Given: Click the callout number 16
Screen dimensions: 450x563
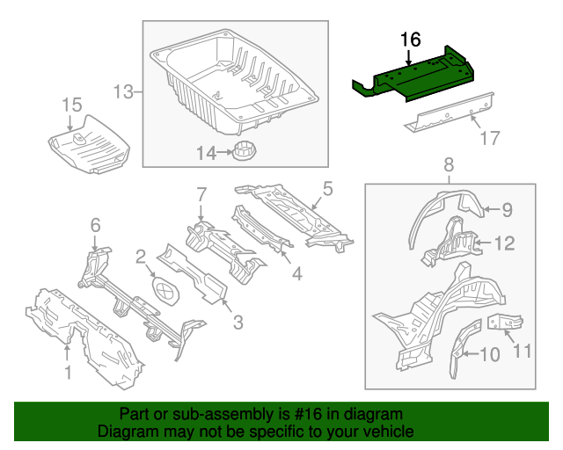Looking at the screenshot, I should point(411,40).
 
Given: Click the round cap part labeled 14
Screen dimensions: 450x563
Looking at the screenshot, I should point(245,150).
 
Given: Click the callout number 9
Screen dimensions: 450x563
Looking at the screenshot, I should point(506,209).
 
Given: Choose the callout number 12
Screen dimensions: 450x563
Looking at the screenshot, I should point(506,243).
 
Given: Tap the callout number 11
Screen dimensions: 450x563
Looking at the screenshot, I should point(523,352).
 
